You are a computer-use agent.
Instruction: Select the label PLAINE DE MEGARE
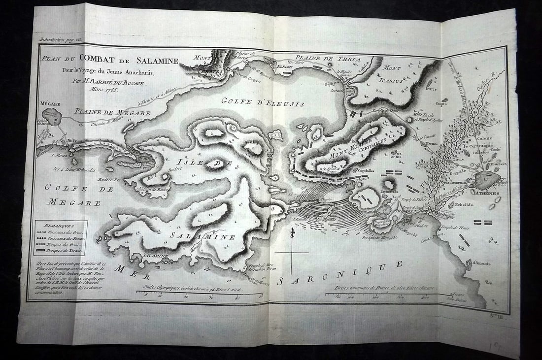113,113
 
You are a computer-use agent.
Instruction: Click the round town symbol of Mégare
51,117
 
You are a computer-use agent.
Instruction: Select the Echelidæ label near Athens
466,202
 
